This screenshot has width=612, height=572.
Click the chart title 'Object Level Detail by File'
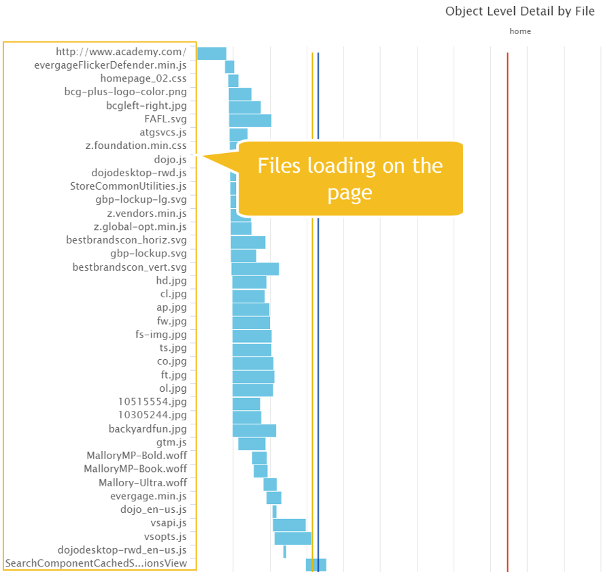tap(520, 12)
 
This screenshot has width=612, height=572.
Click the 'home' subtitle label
tap(520, 31)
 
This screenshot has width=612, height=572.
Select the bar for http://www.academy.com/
tap(211, 53)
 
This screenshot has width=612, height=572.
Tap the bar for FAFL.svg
tap(250, 120)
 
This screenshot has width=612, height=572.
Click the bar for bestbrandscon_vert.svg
tap(255, 268)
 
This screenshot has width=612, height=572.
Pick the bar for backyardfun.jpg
tap(254, 430)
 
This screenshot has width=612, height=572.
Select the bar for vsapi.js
tap(289, 524)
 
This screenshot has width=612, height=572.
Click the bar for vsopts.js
tap(292, 538)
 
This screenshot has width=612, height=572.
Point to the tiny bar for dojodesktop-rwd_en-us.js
tap(285, 551)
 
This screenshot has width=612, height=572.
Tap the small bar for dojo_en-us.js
tap(275, 511)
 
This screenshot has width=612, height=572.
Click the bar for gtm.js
tap(252, 443)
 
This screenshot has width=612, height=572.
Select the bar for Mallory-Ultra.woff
tap(270, 484)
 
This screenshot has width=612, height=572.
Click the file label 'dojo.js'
tap(170, 160)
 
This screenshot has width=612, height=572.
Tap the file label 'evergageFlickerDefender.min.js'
tap(110, 66)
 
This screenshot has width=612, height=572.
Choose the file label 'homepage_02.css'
tap(143, 79)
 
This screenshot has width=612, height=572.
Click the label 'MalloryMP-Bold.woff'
tap(136, 456)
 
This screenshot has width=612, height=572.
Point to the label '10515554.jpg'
tap(152, 402)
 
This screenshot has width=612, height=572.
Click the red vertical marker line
tap(507, 306)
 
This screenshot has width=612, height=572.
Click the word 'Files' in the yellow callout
tap(280, 166)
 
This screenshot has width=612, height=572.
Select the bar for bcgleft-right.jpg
tap(245, 107)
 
